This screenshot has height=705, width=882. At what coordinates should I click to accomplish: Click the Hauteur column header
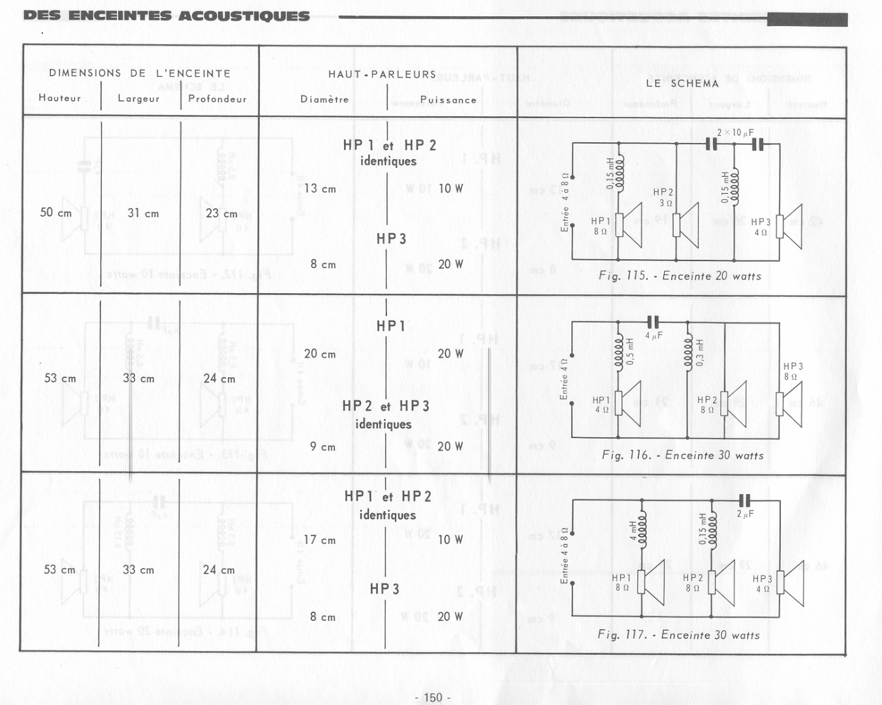pos(60,98)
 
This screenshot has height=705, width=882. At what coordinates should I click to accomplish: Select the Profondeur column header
pos(217,99)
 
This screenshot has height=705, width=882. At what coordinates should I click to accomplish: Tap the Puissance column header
pos(448,100)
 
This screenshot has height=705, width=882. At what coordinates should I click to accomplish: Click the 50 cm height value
pos(56,213)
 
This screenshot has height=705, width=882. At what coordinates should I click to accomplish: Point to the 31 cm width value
pos(143,213)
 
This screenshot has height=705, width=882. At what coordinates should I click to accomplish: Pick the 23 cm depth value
pos(222,213)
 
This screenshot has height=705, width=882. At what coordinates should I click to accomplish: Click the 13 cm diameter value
pos(320,189)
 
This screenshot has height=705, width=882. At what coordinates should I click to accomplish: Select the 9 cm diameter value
pos(323,447)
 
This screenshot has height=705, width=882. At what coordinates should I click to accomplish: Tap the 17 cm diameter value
pos(320,540)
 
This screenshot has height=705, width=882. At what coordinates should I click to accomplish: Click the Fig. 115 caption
pos(680,276)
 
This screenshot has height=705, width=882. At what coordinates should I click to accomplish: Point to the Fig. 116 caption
pos(682,456)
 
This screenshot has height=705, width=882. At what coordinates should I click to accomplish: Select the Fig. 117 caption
pos(678,635)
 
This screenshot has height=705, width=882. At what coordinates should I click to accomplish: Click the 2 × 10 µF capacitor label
pos(735,133)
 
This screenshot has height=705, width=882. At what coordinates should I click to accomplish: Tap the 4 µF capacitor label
pos(654,336)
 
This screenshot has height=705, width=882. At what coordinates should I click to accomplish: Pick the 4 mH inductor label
pos(633,531)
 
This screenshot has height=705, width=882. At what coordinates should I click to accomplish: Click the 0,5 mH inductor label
pos(630,351)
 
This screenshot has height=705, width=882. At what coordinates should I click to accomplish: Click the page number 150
pos(433,697)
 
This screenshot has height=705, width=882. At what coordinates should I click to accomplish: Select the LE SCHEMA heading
pos(682,84)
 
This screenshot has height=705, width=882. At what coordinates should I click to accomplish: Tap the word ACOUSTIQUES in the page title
pos(244,16)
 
